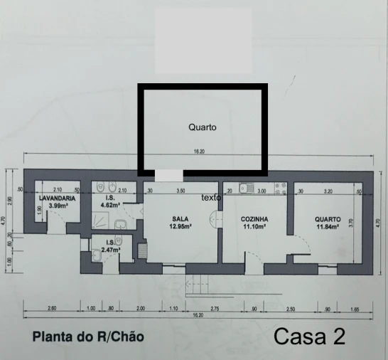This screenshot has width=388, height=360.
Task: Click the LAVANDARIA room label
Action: click(x=52, y=198)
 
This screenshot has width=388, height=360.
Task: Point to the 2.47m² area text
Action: click(x=110, y=250)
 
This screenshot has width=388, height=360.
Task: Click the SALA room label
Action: click(x=180, y=218)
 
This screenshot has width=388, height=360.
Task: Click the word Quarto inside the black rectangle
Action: click(x=202, y=127)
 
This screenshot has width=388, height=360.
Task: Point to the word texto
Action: click(x=211, y=197)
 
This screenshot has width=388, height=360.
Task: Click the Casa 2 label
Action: click(x=310, y=336)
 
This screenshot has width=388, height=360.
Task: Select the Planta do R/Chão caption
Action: click(x=88, y=337)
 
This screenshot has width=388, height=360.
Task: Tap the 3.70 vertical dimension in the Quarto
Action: click(x=352, y=223)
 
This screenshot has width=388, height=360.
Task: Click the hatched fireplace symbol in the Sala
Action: click(x=141, y=250)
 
